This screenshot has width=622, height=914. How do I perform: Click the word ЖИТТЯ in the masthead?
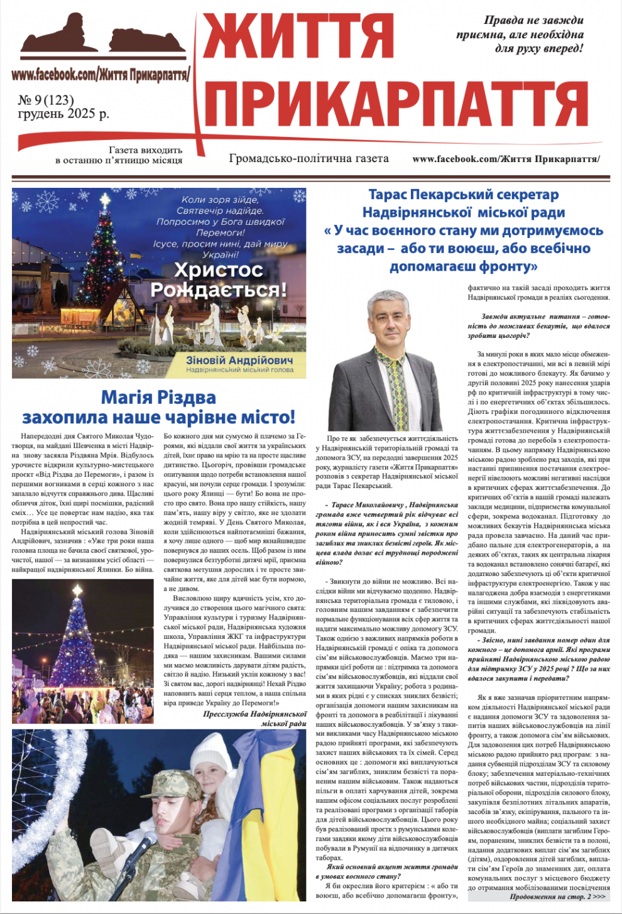298,38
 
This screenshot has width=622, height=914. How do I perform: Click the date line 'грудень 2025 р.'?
63,114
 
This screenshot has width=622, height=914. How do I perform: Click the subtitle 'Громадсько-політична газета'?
308,158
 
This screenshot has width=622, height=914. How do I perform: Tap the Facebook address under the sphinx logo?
101,75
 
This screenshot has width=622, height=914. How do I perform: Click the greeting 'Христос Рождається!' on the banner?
218,280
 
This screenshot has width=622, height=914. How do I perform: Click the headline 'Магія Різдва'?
158,397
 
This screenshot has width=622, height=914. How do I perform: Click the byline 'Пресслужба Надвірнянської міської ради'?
255,719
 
